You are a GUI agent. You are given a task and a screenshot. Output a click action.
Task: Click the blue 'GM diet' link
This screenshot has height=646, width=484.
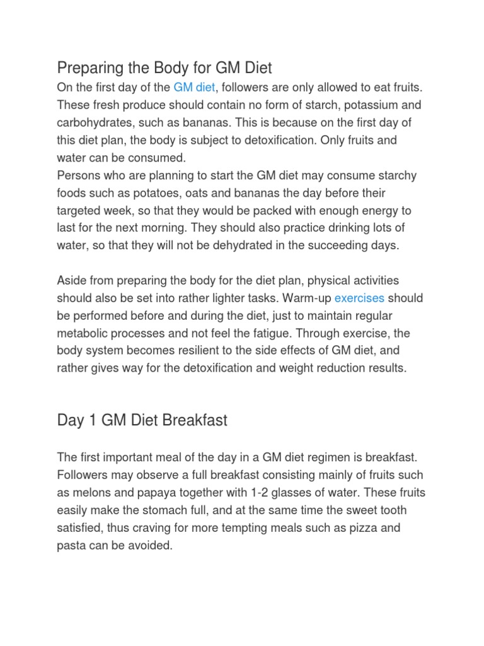click(193, 87)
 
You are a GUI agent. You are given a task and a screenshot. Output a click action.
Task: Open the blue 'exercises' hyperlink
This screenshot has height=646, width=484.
click(359, 298)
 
